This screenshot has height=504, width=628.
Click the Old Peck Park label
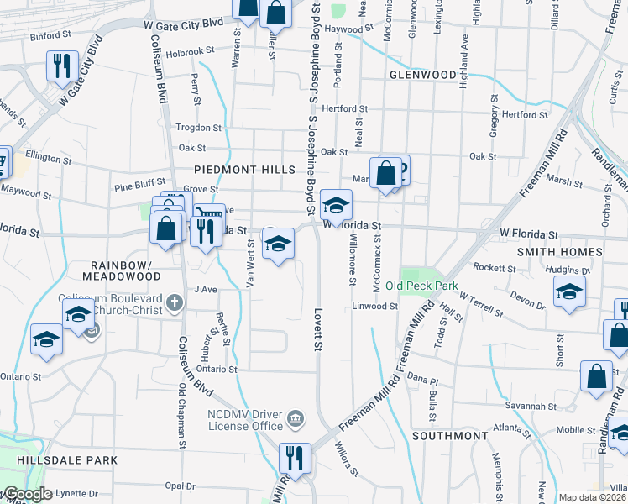[x=421, y=286]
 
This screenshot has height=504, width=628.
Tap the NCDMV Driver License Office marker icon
[x=296, y=418]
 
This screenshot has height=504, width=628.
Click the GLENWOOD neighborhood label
[x=422, y=75]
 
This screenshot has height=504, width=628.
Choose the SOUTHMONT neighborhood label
[x=449, y=436]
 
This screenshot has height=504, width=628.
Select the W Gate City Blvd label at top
[x=184, y=25]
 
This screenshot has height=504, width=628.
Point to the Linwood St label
[x=375, y=307]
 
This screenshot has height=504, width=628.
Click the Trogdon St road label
[x=198, y=128]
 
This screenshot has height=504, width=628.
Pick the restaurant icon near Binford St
[x=62, y=67]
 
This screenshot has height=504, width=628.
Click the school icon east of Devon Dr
[x=569, y=291]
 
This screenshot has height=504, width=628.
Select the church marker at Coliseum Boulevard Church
[x=175, y=302]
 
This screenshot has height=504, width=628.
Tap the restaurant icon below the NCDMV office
[x=294, y=459]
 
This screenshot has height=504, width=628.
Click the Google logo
[x=27, y=495]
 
